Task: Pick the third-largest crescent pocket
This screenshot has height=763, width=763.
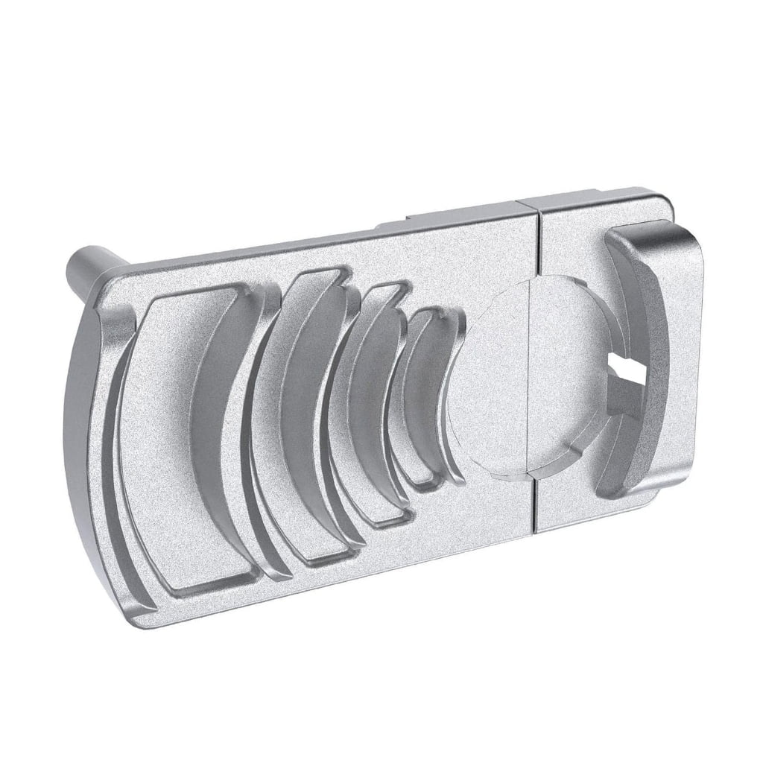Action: (x=365, y=402)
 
